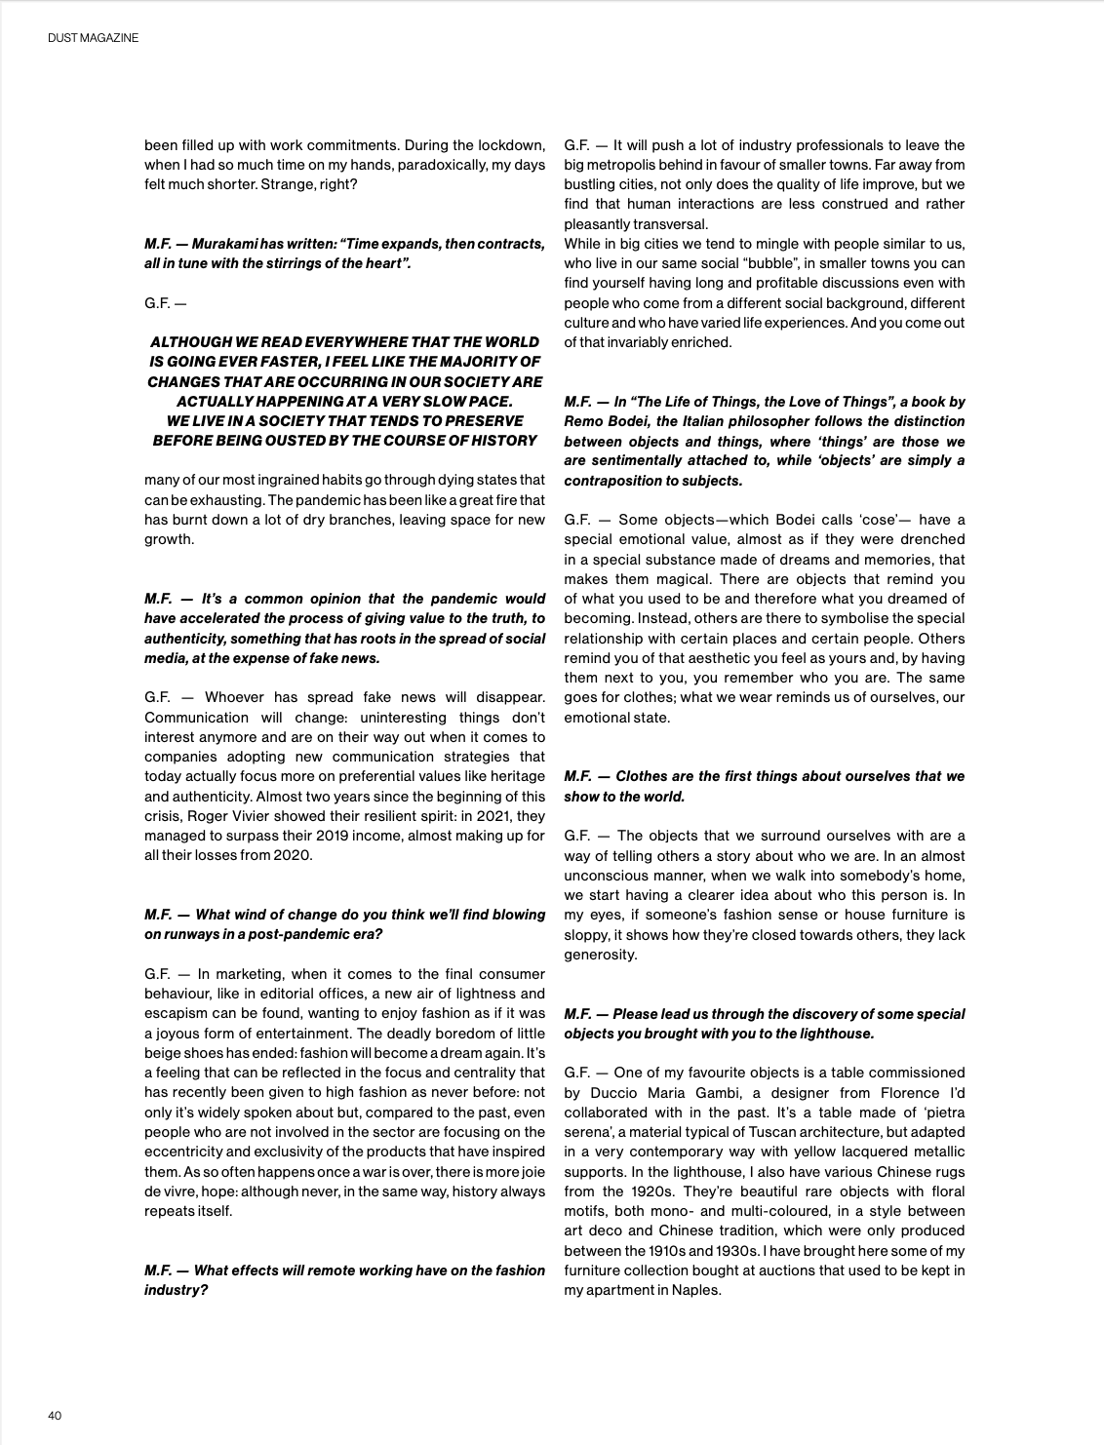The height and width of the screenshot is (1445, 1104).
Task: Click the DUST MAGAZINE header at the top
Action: (x=93, y=38)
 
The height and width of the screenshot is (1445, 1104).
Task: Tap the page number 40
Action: (x=55, y=1416)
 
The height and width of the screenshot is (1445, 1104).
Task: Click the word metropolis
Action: (x=628, y=165)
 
